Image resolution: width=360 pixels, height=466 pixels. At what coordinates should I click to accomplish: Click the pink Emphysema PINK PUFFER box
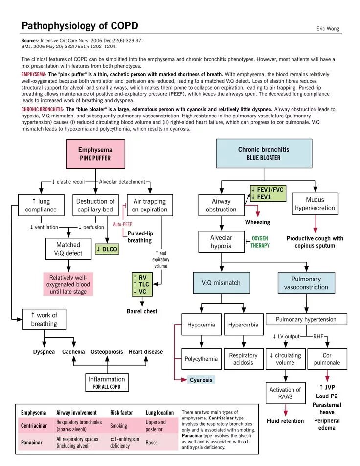pos(95,154)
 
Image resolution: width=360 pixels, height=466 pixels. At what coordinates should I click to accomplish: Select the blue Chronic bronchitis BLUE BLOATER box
pos(264,153)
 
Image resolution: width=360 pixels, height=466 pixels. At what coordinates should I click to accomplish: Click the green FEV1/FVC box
pos(268,193)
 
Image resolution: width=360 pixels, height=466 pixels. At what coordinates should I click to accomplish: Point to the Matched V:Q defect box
pos(68,249)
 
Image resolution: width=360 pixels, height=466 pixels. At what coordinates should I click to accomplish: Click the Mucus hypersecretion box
pos(315,204)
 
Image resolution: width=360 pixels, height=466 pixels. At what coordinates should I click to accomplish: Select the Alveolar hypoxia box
pos(221,242)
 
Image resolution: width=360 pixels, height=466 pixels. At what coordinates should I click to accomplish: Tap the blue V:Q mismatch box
pos(221,283)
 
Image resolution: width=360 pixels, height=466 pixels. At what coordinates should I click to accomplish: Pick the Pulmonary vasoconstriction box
pos(306,283)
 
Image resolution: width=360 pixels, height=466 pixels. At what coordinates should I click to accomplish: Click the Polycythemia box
pos(201,359)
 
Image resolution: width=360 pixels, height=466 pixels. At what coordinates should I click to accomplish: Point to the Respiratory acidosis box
pos(243,359)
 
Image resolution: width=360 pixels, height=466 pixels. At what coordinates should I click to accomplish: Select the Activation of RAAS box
pos(285,393)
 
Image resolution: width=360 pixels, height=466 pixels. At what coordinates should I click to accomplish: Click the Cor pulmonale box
pos(327,359)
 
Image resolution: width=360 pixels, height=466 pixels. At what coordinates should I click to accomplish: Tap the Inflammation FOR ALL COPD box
pos(106,382)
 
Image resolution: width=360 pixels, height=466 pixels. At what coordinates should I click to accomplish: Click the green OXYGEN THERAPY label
pos(260,242)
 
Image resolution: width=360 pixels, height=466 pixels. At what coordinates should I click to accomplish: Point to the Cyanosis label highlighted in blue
pos(201,380)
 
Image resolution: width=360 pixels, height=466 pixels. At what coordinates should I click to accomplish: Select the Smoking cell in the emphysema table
pos(118,426)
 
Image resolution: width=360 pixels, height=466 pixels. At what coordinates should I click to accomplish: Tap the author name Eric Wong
pos(328,29)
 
